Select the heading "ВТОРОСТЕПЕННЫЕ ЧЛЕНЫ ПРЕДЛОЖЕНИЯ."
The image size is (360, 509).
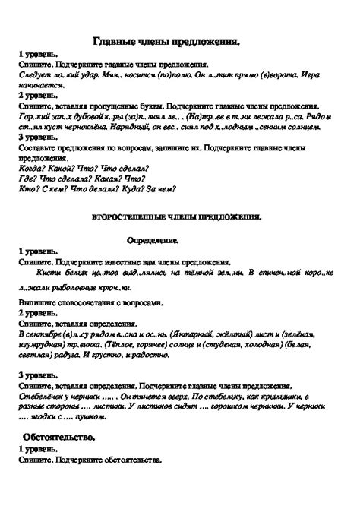pyautogui.click(x=176, y=217)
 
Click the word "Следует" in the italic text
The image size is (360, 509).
pyautogui.click(x=33, y=77)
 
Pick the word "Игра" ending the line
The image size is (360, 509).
pyautogui.click(x=332, y=77)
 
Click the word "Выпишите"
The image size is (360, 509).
pyautogui.click(x=36, y=302)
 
